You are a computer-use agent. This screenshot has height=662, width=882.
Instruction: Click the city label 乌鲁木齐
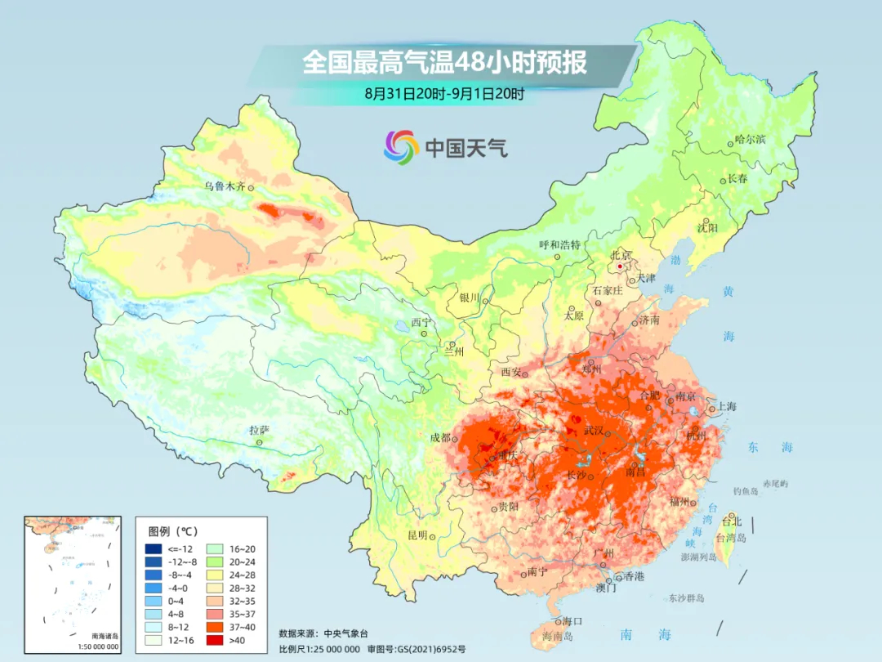click(224, 186)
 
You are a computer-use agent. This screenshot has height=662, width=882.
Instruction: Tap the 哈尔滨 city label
click(750, 140)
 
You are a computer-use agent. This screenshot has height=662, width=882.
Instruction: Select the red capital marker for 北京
click(621, 266)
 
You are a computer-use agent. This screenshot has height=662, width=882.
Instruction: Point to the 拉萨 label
click(259, 430)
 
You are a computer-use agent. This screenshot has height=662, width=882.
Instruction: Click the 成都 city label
click(440, 437)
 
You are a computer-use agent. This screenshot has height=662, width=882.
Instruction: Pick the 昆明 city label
click(416, 535)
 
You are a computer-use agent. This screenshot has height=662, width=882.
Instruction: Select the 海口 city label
click(572, 620)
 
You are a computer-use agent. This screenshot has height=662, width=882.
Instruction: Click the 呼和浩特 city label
click(559, 244)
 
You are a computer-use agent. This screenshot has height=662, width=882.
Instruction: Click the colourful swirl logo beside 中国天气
click(401, 147)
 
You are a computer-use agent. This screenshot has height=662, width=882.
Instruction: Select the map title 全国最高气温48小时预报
click(444, 62)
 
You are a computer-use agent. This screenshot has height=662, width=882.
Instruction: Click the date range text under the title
click(444, 94)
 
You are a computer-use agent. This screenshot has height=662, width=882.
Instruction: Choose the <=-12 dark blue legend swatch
click(153, 548)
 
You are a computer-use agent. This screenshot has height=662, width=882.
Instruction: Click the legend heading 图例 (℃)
click(175, 529)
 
